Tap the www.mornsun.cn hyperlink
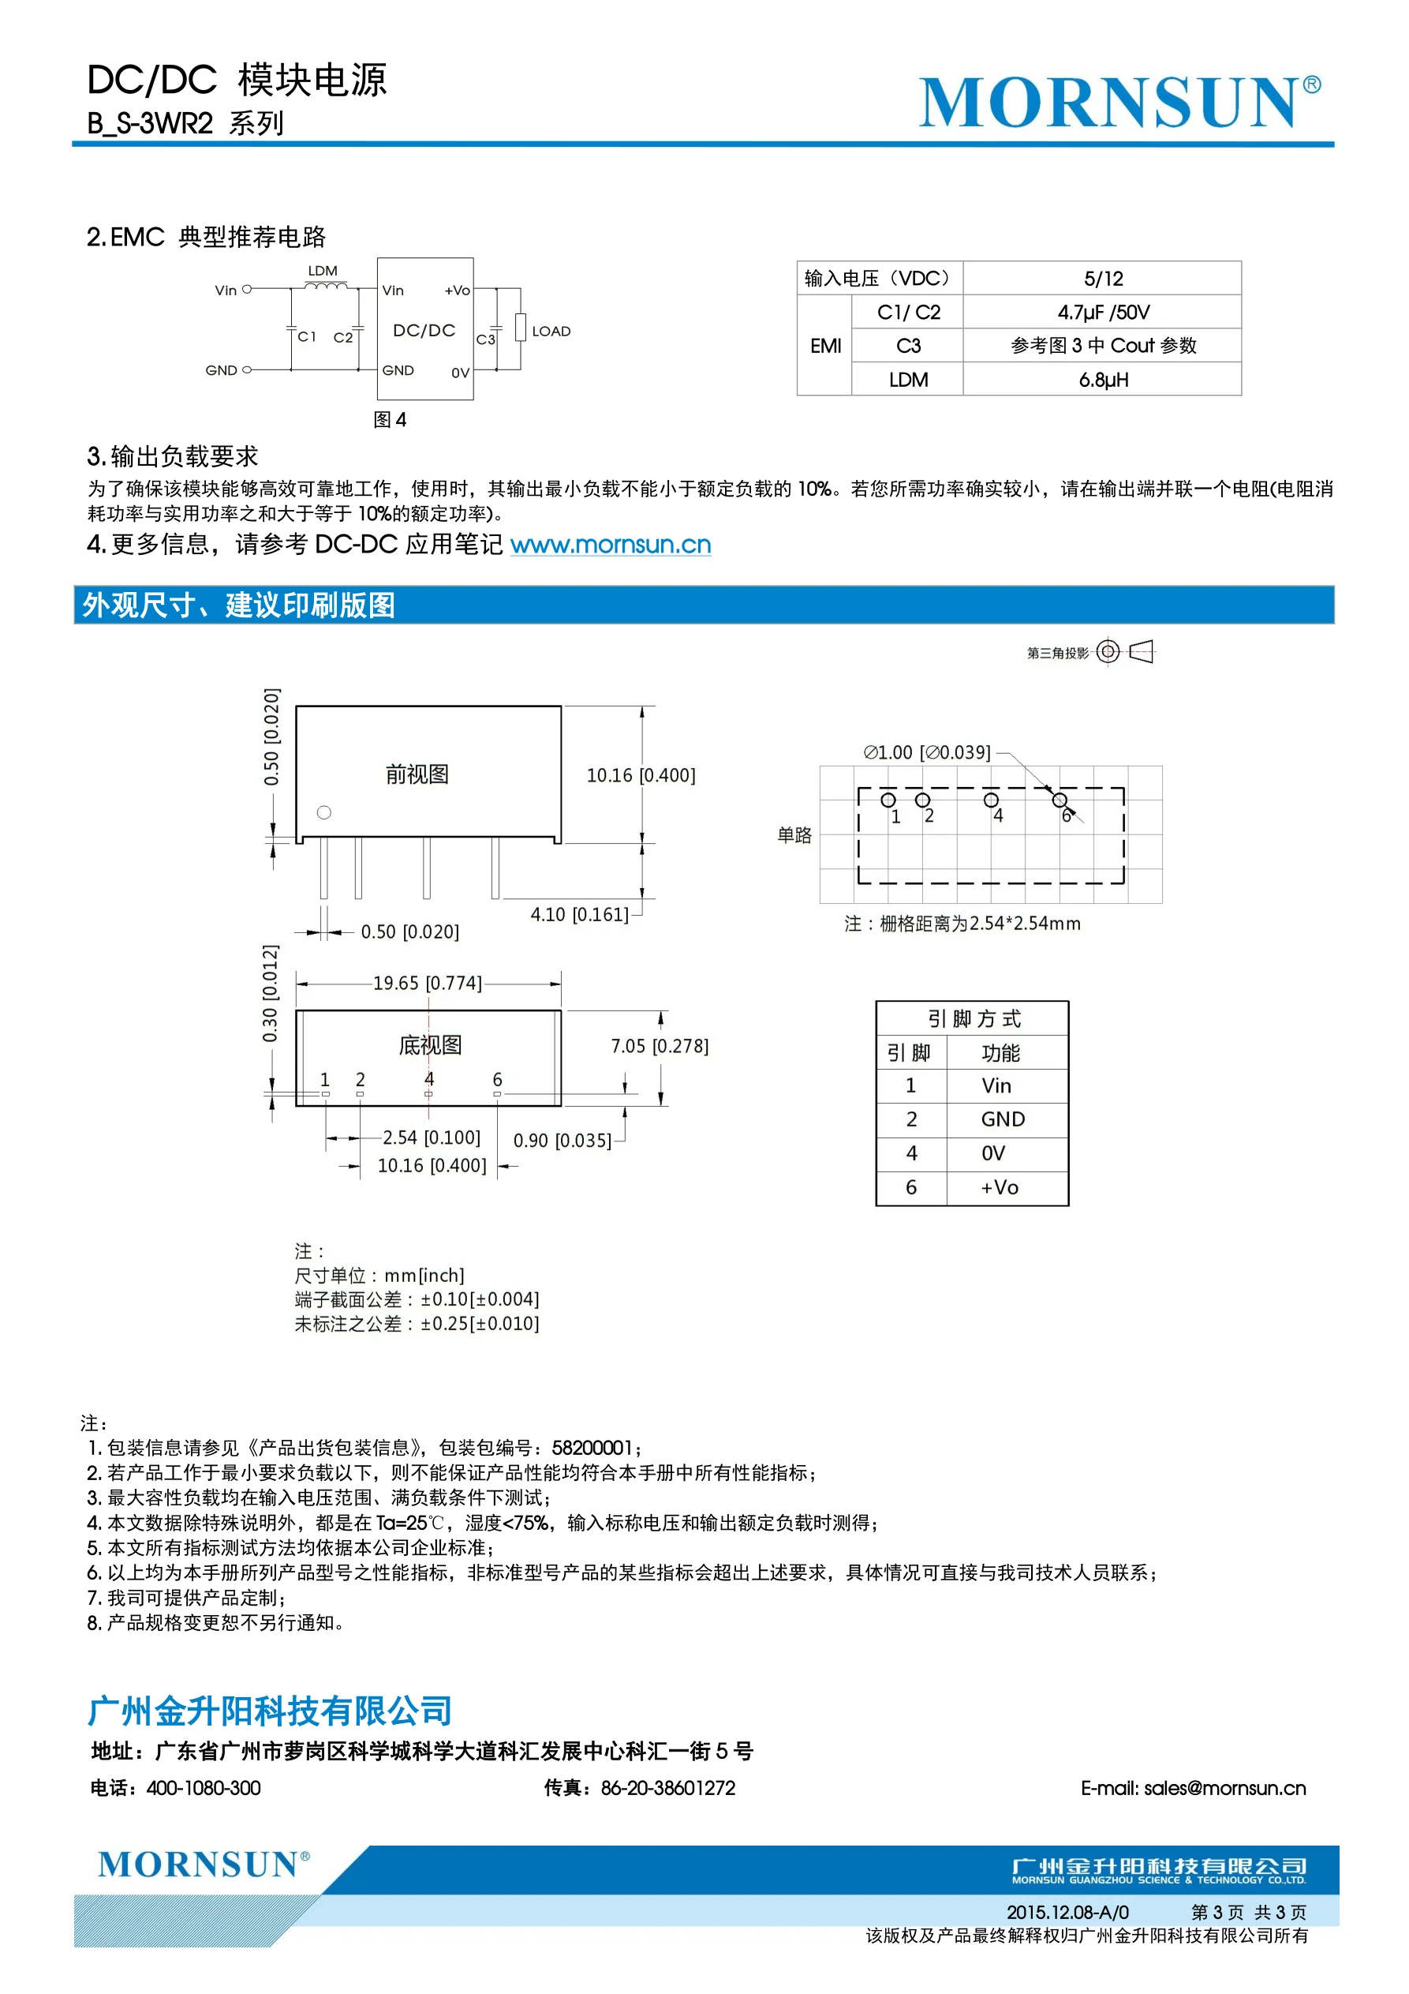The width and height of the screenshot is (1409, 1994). pyautogui.click(x=611, y=545)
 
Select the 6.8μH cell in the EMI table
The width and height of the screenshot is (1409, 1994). pyautogui.click(x=1103, y=380)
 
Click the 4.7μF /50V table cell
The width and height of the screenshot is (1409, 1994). pyautogui.click(x=1103, y=312)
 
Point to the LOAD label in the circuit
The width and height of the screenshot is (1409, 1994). pyautogui.click(x=551, y=331)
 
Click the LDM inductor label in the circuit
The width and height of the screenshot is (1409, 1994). pyautogui.click(x=322, y=271)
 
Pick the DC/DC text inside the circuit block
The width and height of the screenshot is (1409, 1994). pyautogui.click(x=424, y=330)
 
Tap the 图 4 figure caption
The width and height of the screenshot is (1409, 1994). pyautogui.click(x=390, y=419)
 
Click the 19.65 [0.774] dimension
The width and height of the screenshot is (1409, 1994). pyautogui.click(x=427, y=983)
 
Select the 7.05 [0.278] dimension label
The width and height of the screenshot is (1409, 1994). pyautogui.click(x=659, y=1046)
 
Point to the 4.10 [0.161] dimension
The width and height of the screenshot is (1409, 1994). pyautogui.click(x=579, y=914)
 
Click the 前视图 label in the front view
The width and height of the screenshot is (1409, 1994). pyautogui.click(x=417, y=774)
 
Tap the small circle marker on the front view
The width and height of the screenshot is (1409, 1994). pyautogui.click(x=323, y=812)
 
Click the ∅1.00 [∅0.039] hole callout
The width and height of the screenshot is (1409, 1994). pyautogui.click(x=926, y=752)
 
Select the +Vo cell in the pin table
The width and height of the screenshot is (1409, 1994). pyautogui.click(x=1000, y=1187)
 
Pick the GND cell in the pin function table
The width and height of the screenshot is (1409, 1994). pyautogui.click(x=1003, y=1119)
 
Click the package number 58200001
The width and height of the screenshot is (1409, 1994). pyautogui.click(x=592, y=1448)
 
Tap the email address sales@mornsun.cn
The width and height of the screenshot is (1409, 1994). pyautogui.click(x=1193, y=1788)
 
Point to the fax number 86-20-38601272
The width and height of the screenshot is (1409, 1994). pyautogui.click(x=667, y=1788)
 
